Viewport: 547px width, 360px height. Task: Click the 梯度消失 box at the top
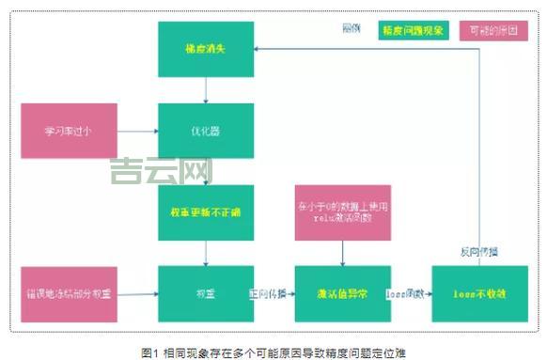[205, 49]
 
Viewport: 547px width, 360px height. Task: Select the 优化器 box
[205, 131]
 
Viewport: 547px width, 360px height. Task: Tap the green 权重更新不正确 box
[205, 211]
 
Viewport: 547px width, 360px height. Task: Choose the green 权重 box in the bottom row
[205, 293]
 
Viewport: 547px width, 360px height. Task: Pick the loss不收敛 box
[477, 293]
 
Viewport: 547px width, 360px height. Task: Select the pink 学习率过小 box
[69, 131]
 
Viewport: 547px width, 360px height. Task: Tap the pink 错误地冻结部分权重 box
[69, 293]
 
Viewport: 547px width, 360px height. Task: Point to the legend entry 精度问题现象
[414, 30]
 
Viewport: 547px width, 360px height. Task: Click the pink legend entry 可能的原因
[492, 30]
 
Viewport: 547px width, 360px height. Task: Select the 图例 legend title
[352, 28]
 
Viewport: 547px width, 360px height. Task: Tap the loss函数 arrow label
[404, 293]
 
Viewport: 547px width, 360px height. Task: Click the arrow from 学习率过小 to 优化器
[138, 131]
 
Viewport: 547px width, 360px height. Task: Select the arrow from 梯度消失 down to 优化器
[205, 90]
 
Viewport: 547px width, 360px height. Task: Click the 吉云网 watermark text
[160, 170]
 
